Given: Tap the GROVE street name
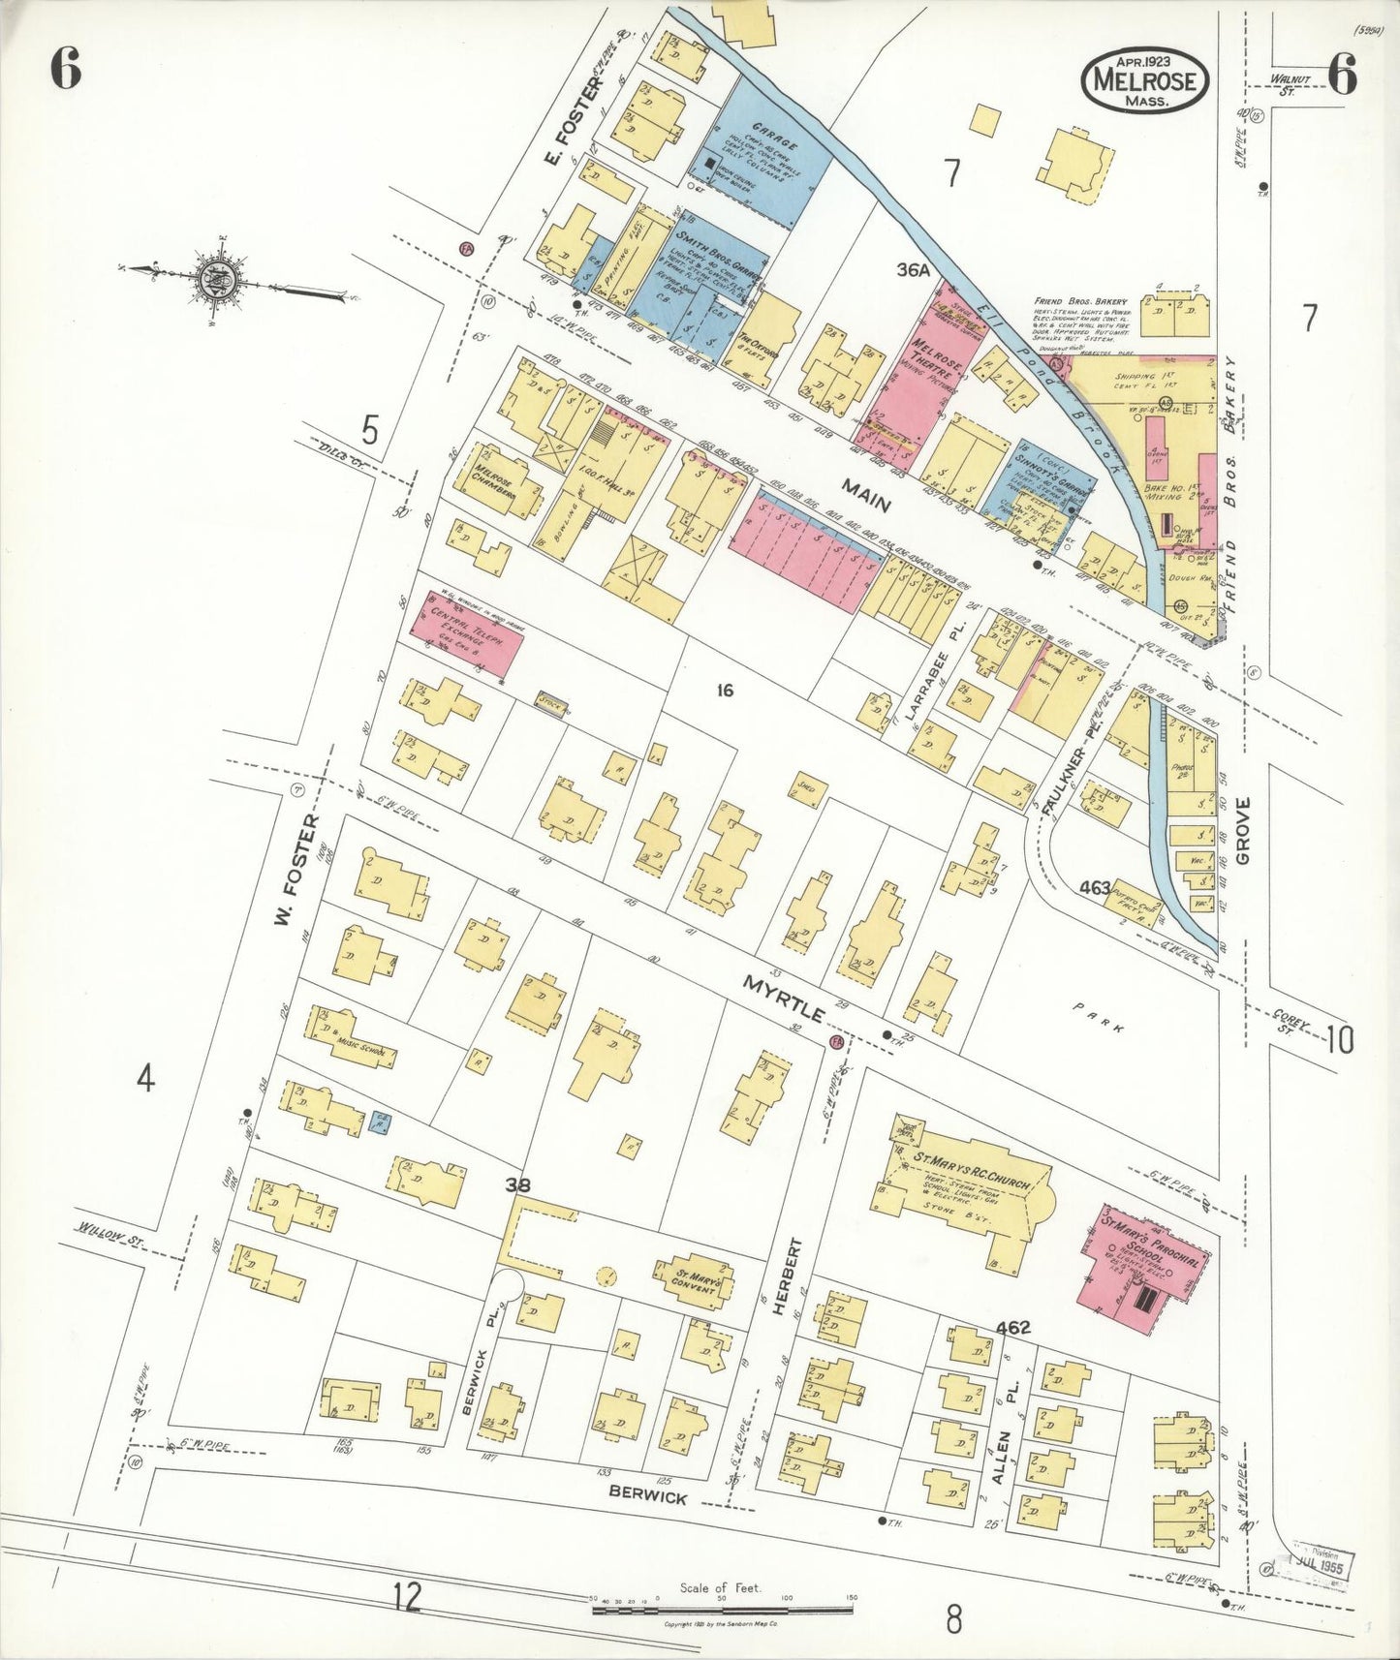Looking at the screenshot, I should pos(1242,830).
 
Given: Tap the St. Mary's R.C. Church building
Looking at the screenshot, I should pos(964,1193).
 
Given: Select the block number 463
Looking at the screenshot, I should pos(1094,885).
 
